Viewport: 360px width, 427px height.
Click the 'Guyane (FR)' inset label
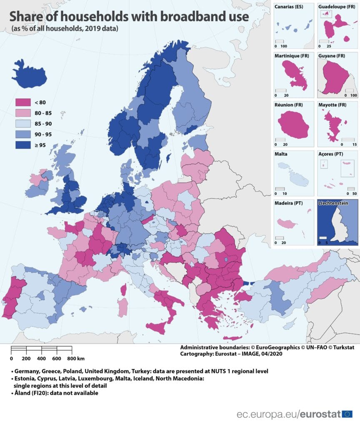click(332, 55)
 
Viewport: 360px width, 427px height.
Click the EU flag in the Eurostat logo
click(347, 414)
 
